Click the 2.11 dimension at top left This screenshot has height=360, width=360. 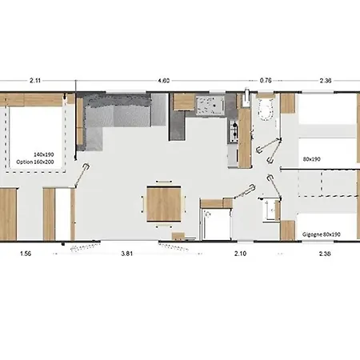point(35,81)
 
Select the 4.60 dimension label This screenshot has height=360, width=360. point(163,81)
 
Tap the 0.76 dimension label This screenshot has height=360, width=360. point(266,81)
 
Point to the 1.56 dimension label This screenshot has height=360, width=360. point(26,254)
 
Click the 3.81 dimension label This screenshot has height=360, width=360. point(127,254)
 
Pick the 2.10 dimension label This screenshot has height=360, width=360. point(240,254)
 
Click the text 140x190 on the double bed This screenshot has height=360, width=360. point(44,154)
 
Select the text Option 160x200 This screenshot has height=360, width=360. point(35,162)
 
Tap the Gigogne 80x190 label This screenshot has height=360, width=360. point(322,234)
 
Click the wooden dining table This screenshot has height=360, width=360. point(164,204)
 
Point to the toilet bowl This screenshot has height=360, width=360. point(266,110)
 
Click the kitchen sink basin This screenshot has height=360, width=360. point(210,106)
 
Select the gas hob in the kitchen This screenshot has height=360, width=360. point(233,131)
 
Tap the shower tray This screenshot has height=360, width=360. point(217,224)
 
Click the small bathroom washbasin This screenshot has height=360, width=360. point(270,210)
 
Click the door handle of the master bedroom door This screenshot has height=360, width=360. point(86,167)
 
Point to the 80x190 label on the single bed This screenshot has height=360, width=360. point(311,159)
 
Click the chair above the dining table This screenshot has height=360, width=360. point(164,182)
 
